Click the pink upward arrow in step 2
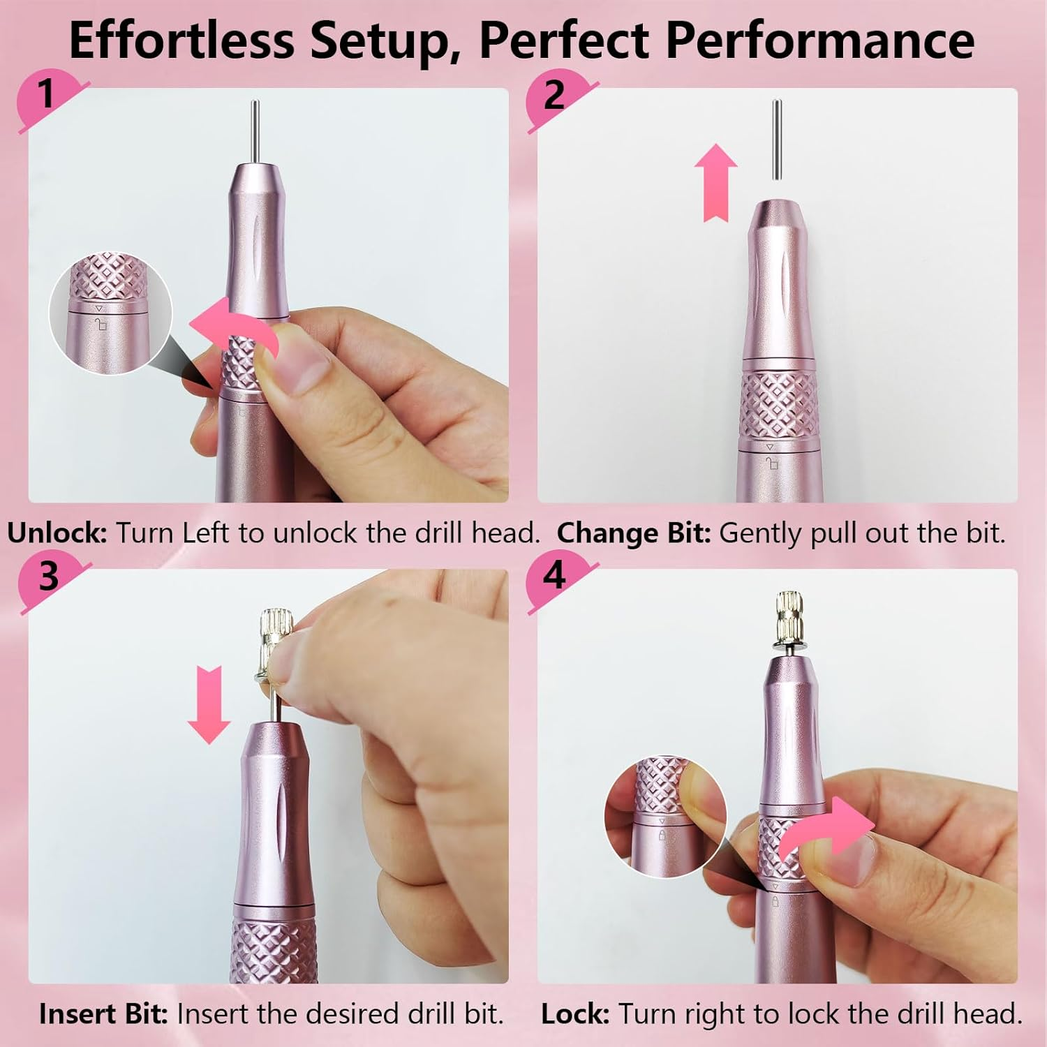pyautogui.click(x=715, y=181)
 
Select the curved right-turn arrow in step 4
pyautogui.click(x=831, y=831)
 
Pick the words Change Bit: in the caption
pyautogui.click(x=633, y=533)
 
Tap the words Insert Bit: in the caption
pyautogui.click(x=103, y=1014)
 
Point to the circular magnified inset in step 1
pyautogui.click(x=110, y=312)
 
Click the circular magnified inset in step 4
pyautogui.click(x=665, y=817)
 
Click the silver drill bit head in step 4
pyautogui.click(x=789, y=614)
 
